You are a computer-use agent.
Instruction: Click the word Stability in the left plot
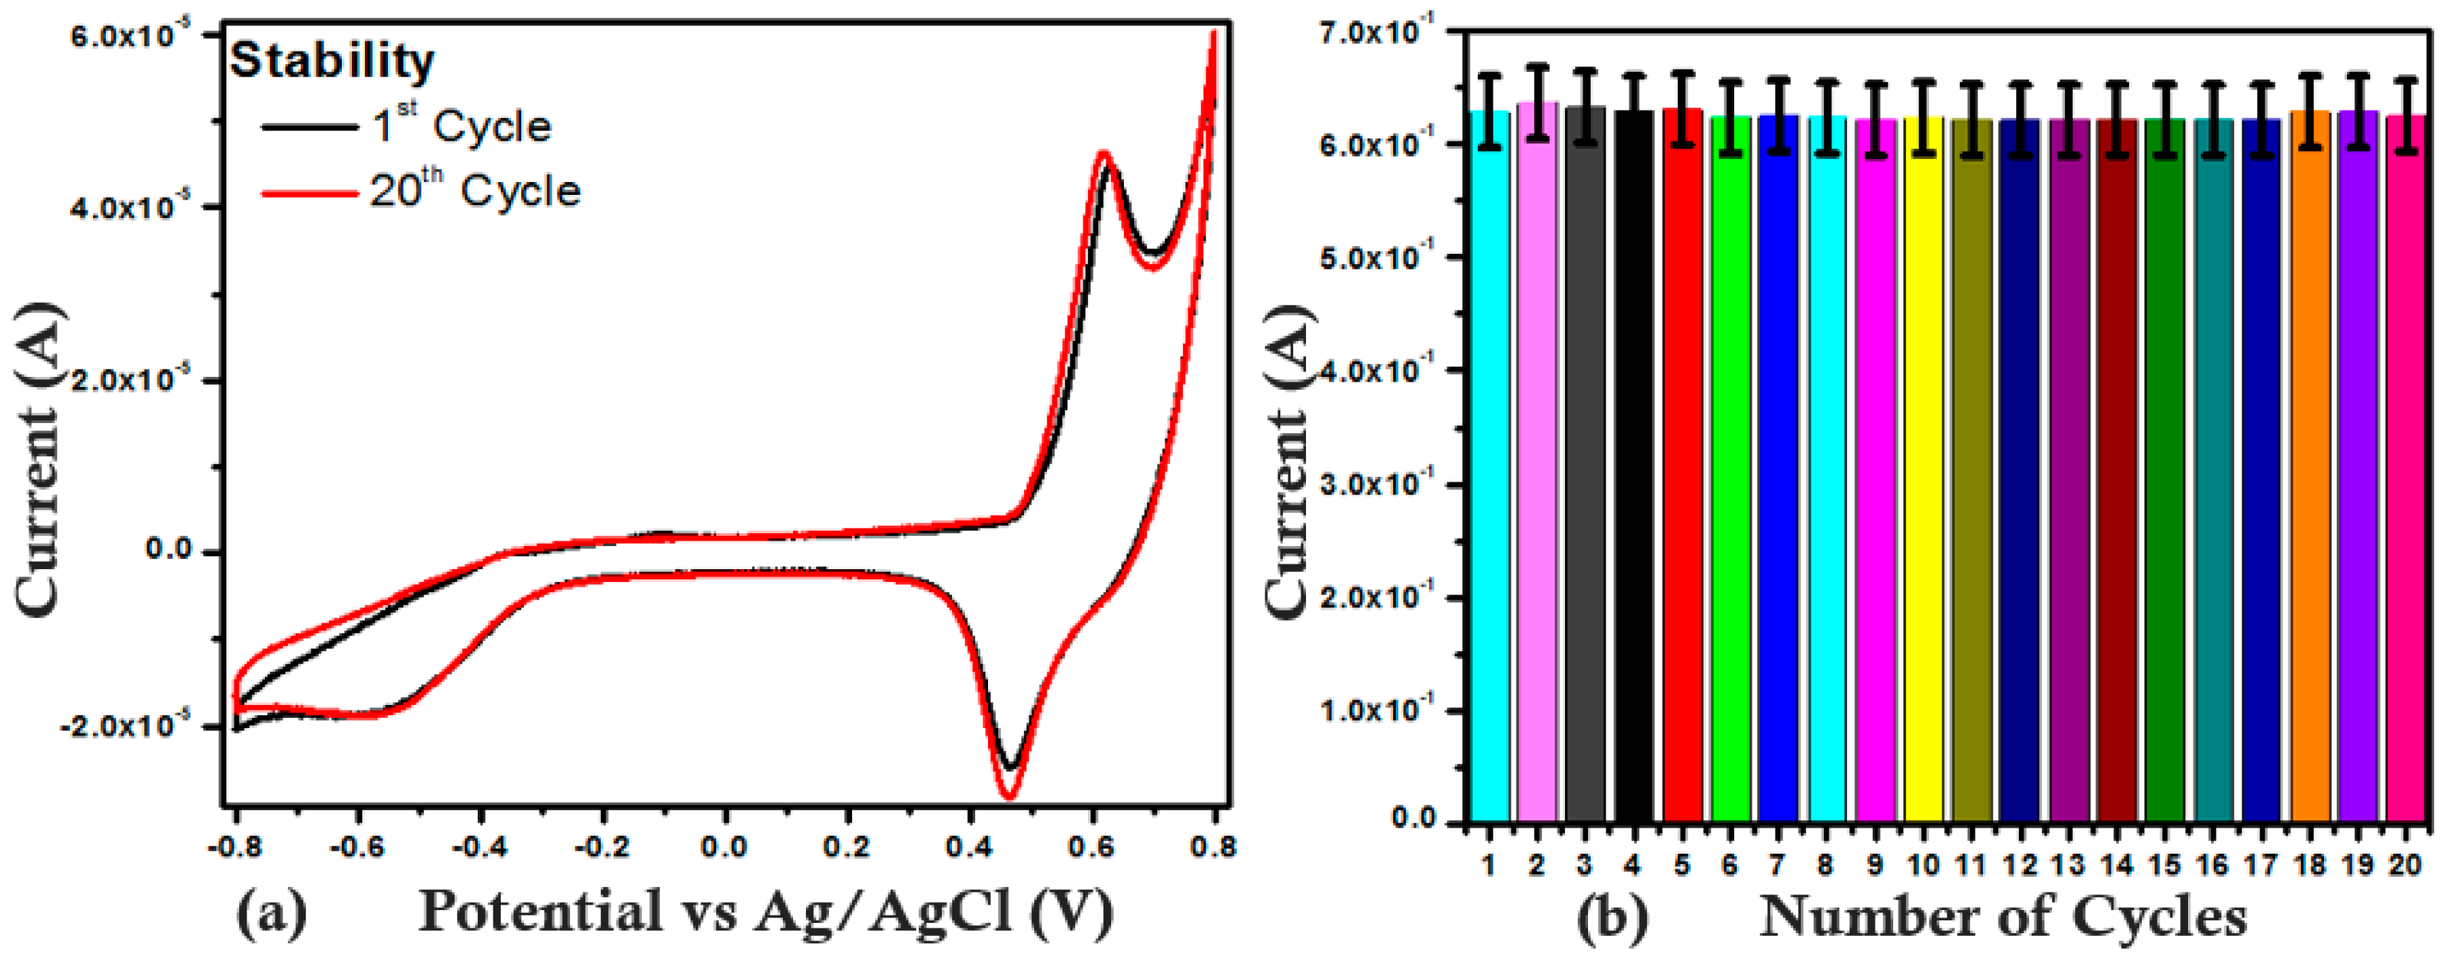(332, 61)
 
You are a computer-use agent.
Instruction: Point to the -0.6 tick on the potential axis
(357, 845)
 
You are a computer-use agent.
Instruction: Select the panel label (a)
(272, 913)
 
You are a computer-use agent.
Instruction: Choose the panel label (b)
(1613, 918)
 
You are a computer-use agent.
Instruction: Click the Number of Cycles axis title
(2003, 918)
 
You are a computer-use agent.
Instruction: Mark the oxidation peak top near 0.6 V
(1104, 155)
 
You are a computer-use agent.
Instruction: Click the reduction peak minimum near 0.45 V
(1008, 794)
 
